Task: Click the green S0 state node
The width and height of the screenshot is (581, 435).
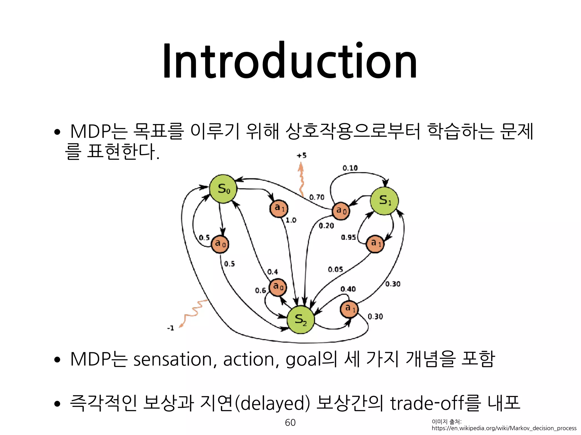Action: coord(223,189)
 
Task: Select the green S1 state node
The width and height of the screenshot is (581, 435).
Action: coord(384,201)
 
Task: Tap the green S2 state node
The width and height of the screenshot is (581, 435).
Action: coord(301,320)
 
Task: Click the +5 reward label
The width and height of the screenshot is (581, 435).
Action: coord(302,155)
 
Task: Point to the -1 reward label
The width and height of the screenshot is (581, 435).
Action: coord(170,328)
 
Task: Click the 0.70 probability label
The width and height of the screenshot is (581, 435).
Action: coord(317,197)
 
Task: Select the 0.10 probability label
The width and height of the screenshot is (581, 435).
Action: coord(350,168)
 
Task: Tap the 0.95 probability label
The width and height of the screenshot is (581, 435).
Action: coord(348,237)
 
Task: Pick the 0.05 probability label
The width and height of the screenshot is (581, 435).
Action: coord(335,269)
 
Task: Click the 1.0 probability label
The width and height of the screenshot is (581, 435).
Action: coord(291,220)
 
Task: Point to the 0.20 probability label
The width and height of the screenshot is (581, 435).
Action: coord(326,226)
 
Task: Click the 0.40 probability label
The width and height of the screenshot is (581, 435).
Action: coord(348,289)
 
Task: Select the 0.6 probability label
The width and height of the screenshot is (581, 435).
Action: coord(260,291)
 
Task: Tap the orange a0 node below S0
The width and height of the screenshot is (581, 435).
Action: coord(220,244)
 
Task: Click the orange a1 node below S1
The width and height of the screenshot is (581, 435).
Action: coord(375,244)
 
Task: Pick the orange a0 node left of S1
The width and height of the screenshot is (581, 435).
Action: coord(341,211)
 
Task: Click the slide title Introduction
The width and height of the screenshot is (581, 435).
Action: coord(290,61)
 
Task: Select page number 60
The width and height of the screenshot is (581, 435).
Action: coord(290,422)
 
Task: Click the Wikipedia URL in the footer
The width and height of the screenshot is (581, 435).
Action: coord(504,428)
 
